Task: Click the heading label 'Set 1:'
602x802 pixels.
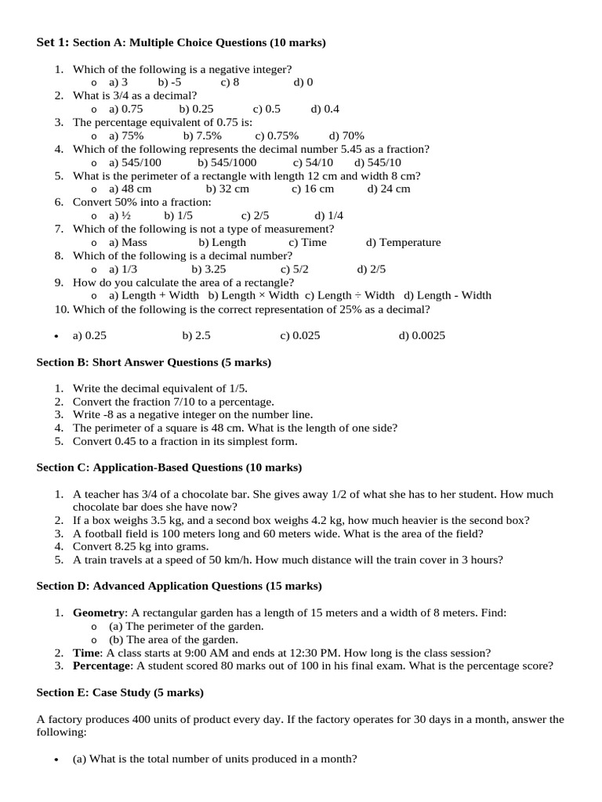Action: (53, 42)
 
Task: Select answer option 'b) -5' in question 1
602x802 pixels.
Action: (169, 82)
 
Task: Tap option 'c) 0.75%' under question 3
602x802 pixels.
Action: (277, 135)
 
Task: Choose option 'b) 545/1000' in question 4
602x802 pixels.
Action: (227, 162)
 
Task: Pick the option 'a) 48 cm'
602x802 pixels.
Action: (130, 189)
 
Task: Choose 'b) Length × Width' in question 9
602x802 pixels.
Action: (253, 295)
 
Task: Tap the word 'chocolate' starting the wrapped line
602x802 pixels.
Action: (96, 507)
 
